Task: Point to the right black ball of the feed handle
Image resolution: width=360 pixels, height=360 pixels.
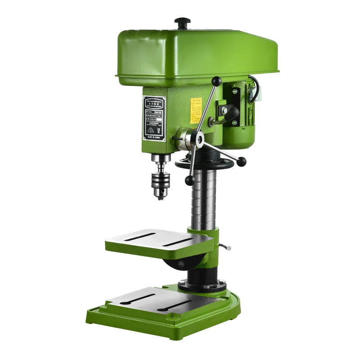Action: [x=243, y=161]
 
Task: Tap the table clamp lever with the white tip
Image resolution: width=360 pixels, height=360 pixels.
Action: [x=225, y=246]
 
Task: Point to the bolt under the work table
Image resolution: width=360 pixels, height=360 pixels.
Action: [x=181, y=265]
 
